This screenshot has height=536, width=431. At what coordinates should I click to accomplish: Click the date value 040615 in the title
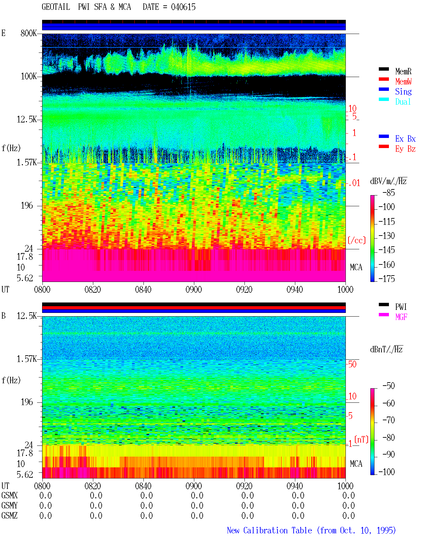(x=183, y=7)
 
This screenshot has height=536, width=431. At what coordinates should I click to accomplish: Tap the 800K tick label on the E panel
(x=29, y=33)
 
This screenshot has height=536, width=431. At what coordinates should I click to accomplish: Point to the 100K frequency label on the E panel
(x=29, y=76)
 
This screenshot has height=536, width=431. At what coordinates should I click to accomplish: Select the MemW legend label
(x=403, y=81)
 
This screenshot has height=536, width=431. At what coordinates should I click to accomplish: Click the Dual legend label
(x=403, y=102)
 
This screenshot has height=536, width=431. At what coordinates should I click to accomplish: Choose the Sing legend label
(x=403, y=92)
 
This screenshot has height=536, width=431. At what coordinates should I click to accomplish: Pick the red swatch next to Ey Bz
(x=384, y=146)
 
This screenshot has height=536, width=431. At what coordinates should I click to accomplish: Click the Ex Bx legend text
(x=405, y=139)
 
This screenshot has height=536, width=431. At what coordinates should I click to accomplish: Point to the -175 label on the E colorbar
(x=387, y=279)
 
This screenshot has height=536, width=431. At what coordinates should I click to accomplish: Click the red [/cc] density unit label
(x=357, y=240)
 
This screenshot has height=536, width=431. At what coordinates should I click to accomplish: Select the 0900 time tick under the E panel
(x=194, y=289)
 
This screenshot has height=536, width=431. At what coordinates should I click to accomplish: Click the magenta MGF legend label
(x=401, y=317)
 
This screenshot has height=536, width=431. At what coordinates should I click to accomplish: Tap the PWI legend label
(x=401, y=307)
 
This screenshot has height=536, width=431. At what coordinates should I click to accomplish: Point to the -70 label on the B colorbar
(x=389, y=420)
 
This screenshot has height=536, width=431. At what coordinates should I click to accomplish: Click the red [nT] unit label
(x=361, y=439)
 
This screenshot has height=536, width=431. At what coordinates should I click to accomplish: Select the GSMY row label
(x=9, y=505)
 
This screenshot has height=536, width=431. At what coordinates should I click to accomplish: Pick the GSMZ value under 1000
(x=349, y=515)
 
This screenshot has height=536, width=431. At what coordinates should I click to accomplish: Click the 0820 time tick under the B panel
(x=93, y=486)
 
